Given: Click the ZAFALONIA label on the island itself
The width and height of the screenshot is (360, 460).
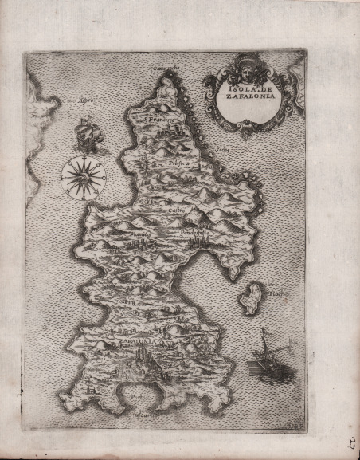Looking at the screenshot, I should (138, 339).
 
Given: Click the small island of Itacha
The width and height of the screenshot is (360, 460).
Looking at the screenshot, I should (254, 297).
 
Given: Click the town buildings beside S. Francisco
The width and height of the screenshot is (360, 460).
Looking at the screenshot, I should (177, 128).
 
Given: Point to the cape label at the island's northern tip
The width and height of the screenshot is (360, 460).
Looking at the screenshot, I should (166, 68).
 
